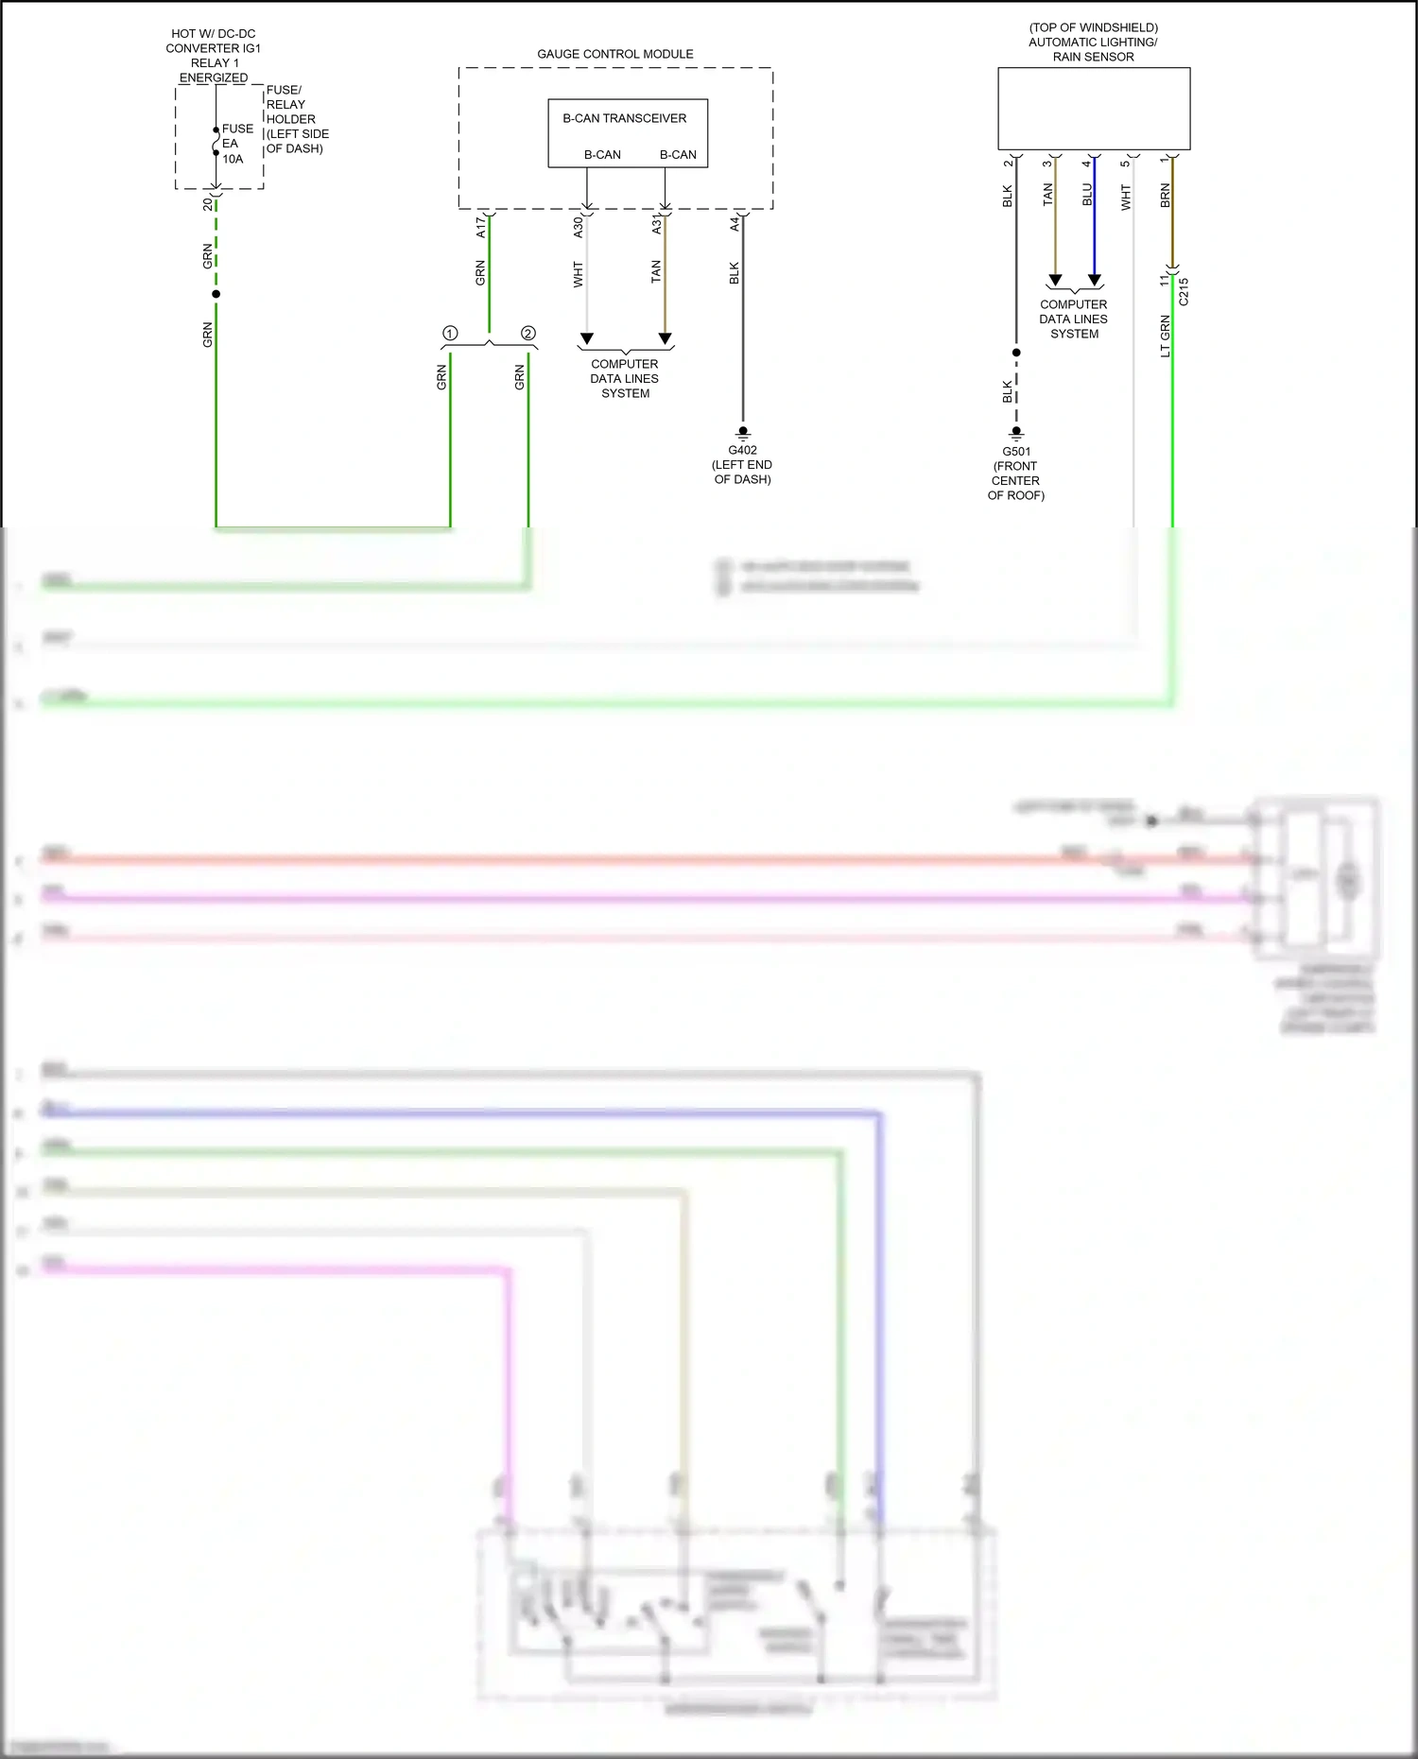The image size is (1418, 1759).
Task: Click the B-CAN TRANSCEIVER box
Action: click(628, 133)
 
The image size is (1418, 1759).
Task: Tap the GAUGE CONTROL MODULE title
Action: click(614, 54)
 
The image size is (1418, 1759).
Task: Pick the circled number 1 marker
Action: click(450, 334)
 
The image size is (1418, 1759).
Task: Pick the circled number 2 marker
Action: click(528, 334)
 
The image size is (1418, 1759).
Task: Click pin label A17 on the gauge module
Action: click(480, 226)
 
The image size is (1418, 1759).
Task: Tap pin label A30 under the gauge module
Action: click(578, 227)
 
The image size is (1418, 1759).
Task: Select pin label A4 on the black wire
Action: click(734, 224)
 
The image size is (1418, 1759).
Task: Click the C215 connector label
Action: click(1184, 291)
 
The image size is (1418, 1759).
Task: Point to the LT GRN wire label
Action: click(1165, 336)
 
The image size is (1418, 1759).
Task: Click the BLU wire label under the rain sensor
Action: click(1086, 195)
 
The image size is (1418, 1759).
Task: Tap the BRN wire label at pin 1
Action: click(1165, 196)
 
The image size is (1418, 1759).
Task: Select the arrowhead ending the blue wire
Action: click(1095, 281)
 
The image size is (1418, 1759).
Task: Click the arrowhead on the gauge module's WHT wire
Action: click(587, 338)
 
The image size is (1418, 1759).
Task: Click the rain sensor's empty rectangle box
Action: click(1094, 109)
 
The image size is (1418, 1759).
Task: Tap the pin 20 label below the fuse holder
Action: click(208, 203)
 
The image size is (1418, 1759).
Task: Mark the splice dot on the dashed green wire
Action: click(216, 294)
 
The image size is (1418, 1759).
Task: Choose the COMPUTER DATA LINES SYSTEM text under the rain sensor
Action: click(1074, 319)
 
